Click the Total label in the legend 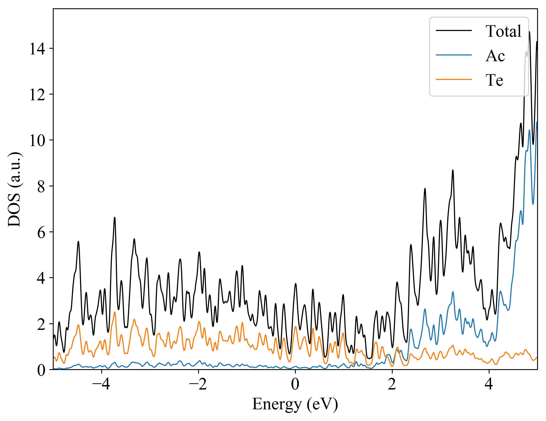503,31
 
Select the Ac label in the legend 495,56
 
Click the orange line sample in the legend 454,79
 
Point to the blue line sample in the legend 454,55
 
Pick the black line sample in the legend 454,30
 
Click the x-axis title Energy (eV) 295,404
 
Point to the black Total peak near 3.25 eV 453,170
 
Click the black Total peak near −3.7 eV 115,217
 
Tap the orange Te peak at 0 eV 296,326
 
